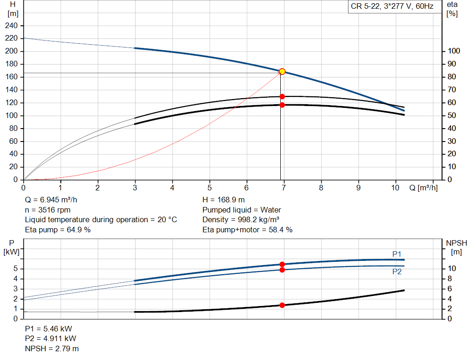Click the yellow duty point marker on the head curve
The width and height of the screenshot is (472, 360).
tap(282, 71)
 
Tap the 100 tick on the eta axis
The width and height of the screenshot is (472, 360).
tap(454, 51)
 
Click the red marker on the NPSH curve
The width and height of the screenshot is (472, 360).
tap(282, 305)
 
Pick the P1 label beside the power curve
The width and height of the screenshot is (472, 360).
tap(397, 254)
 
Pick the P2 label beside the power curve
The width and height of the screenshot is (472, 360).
tap(397, 272)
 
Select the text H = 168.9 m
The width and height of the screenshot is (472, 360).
tap(224, 201)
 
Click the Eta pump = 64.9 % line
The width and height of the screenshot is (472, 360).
tap(58, 230)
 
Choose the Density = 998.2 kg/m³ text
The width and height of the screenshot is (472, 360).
tap(241, 220)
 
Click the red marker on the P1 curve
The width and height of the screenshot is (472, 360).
tap(282, 264)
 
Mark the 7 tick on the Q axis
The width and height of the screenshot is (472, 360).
tap(284, 188)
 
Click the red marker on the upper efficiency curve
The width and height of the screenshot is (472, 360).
tap(282, 97)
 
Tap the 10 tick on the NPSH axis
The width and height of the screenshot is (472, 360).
tap(452, 269)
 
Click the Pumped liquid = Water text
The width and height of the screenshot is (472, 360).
tap(242, 210)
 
